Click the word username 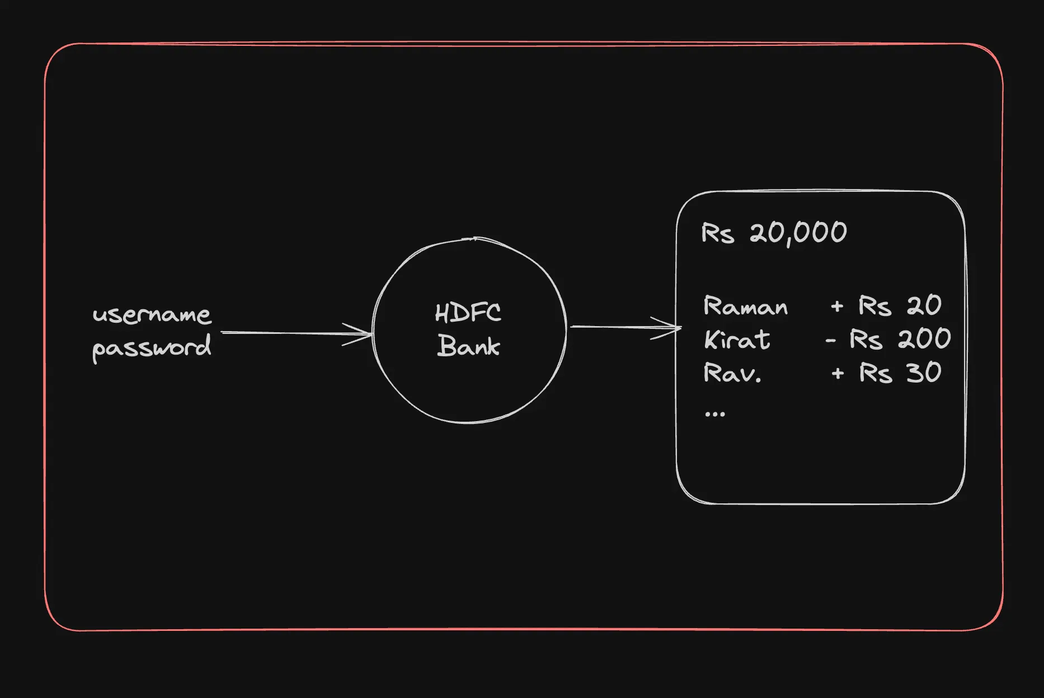click(x=152, y=315)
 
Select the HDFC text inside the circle click(x=468, y=313)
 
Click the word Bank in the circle click(x=469, y=346)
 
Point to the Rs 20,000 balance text click(x=774, y=233)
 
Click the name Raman click(x=745, y=306)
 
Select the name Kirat click(x=737, y=339)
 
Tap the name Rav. click(x=732, y=373)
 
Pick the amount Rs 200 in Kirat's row click(x=900, y=339)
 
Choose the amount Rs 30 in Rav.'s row click(x=900, y=372)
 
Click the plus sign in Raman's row click(x=837, y=306)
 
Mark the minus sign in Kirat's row click(x=831, y=340)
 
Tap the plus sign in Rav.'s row click(x=838, y=374)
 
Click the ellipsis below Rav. click(x=715, y=414)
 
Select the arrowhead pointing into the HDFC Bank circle click(x=361, y=334)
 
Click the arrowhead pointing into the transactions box click(x=669, y=328)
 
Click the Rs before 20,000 click(x=717, y=233)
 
